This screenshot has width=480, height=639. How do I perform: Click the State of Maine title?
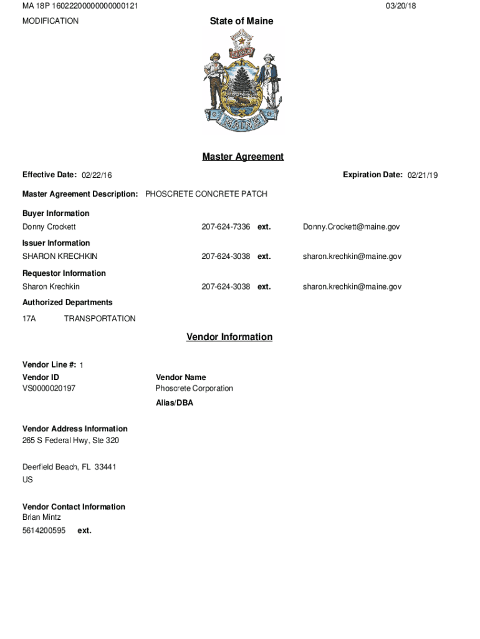click(x=241, y=21)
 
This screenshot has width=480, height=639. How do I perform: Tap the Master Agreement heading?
click(x=242, y=157)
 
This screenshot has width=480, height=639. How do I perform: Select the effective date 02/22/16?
click(x=97, y=175)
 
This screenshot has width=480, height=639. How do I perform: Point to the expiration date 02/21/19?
click(x=423, y=175)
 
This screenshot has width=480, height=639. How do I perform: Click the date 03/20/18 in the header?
click(x=401, y=6)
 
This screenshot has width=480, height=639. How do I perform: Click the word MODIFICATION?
click(x=50, y=21)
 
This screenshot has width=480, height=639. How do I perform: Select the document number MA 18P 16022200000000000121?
click(x=80, y=6)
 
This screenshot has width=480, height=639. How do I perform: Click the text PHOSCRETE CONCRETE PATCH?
click(x=206, y=194)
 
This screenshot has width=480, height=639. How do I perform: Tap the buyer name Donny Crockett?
click(x=49, y=227)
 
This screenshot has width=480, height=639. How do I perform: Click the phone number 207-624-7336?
click(x=226, y=227)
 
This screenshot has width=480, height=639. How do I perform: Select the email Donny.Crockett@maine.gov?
click(x=351, y=227)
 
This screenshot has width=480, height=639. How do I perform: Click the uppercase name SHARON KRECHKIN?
click(x=60, y=256)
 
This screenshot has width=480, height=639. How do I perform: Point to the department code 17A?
click(x=29, y=318)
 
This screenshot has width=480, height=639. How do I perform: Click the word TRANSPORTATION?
click(x=100, y=318)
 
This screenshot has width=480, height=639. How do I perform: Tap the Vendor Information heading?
click(x=229, y=337)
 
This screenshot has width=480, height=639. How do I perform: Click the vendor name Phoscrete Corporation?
click(x=194, y=388)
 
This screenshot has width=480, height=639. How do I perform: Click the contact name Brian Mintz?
click(x=42, y=517)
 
